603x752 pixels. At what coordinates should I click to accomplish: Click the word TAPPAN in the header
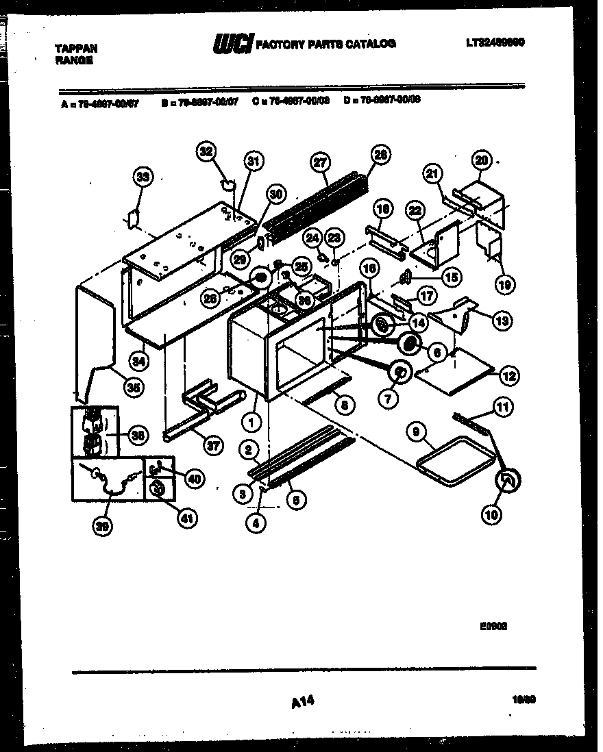click(76, 49)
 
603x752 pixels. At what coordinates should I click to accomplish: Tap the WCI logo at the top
click(233, 44)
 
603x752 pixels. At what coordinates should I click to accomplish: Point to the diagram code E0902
click(497, 625)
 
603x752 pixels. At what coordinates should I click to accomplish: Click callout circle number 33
click(142, 177)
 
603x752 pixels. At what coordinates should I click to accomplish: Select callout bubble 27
click(319, 162)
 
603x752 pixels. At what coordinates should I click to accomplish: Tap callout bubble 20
click(482, 160)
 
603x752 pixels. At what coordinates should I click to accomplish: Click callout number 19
click(505, 284)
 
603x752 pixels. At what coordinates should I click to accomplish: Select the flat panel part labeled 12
click(456, 370)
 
